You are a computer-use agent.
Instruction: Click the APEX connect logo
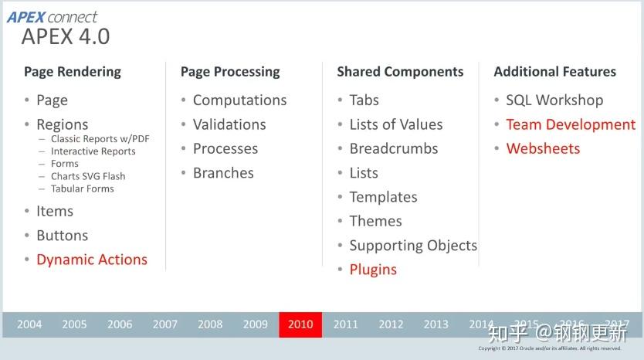(x=53, y=16)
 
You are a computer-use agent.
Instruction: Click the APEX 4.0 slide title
(x=66, y=36)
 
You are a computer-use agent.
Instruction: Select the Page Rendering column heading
(x=73, y=72)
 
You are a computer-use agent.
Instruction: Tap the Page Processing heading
(x=230, y=72)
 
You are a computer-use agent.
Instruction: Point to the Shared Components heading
(x=400, y=72)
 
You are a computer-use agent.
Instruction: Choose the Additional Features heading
(x=554, y=72)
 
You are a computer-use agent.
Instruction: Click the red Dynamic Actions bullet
(x=91, y=260)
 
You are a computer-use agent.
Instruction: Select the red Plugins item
(x=373, y=270)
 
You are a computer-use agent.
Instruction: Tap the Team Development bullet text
(x=570, y=124)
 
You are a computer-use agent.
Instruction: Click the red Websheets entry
(x=542, y=148)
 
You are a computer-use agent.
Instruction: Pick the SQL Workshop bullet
(x=554, y=100)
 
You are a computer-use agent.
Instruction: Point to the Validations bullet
(x=229, y=124)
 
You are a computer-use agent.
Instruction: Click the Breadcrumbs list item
(x=393, y=148)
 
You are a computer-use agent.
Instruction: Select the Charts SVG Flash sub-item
(x=88, y=176)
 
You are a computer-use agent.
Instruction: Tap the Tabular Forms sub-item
(x=82, y=188)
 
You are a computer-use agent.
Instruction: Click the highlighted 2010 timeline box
(x=300, y=324)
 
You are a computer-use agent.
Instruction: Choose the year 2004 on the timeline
(x=29, y=324)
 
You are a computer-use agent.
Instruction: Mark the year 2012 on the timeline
(x=391, y=324)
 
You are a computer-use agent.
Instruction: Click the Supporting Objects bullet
(x=413, y=246)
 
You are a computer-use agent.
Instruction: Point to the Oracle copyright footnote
(x=560, y=348)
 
